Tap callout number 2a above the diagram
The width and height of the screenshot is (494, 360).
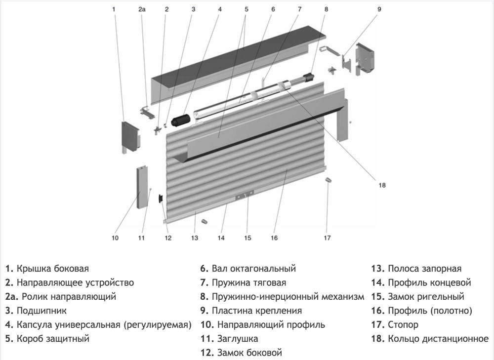pos(142,9)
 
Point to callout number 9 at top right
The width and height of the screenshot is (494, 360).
pos(379,9)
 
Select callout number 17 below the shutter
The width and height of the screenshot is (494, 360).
pos(327,238)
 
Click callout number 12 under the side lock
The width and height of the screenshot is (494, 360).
pos(167,238)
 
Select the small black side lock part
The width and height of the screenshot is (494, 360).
pos(161,199)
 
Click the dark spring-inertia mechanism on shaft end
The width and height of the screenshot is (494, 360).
pos(310,78)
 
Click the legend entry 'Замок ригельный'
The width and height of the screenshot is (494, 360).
pos(426,297)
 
